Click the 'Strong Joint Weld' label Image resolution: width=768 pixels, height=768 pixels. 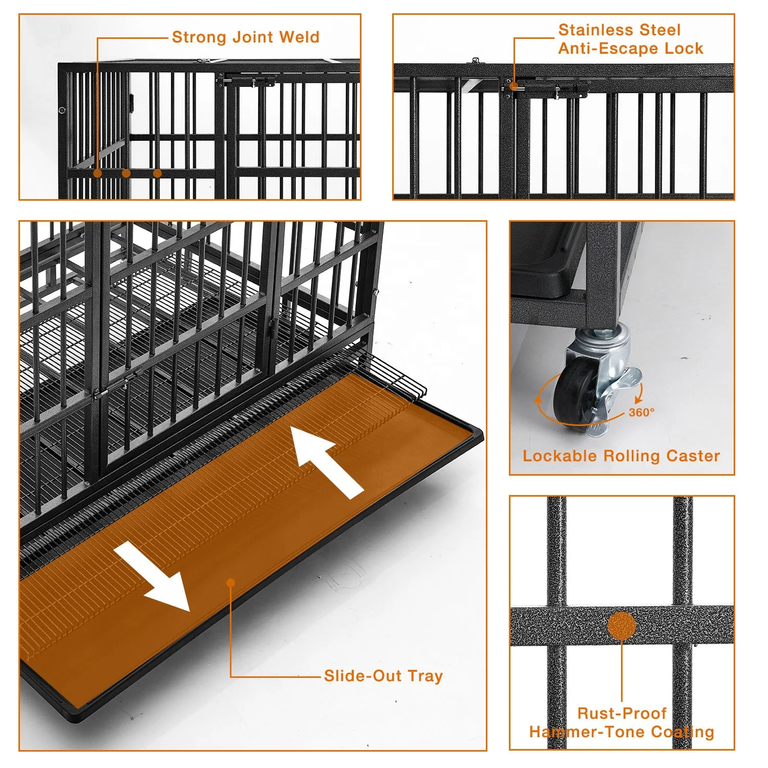click(245, 37)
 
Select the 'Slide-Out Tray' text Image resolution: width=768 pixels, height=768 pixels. click(383, 676)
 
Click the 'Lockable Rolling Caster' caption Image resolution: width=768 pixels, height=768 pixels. click(621, 456)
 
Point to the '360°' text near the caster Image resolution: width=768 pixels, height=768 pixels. click(642, 412)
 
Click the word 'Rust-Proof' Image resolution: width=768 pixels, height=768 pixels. click(622, 713)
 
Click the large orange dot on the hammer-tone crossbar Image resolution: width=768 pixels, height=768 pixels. click(622, 626)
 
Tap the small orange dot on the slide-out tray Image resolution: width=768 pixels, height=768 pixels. click(230, 583)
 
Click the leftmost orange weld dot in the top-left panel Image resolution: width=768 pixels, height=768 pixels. click(97, 173)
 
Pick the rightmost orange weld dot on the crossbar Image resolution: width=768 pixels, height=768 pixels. click(157, 173)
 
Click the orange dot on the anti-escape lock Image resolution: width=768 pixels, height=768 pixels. click(514, 87)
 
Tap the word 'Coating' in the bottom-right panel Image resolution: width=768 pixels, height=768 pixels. click(682, 732)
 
